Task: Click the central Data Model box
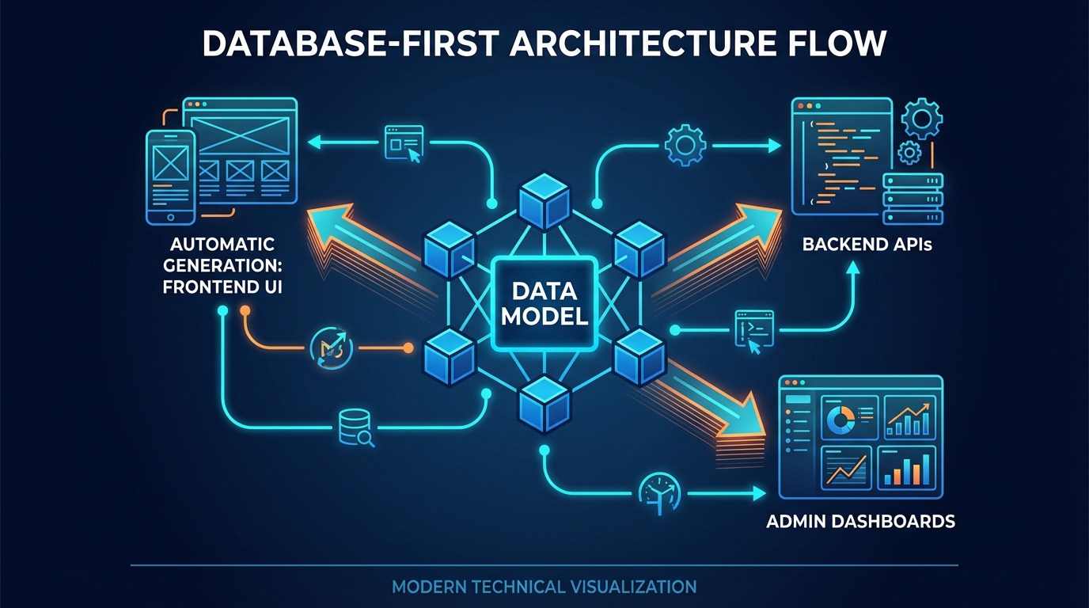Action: pyautogui.click(x=544, y=303)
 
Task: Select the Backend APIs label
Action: pyautogui.click(x=867, y=245)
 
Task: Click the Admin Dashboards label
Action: pyautogui.click(x=860, y=522)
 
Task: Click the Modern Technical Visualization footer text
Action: pyautogui.click(x=544, y=587)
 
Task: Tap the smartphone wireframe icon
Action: pyautogui.click(x=170, y=177)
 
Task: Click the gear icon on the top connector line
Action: pyautogui.click(x=685, y=146)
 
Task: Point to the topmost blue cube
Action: pyautogui.click(x=544, y=198)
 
